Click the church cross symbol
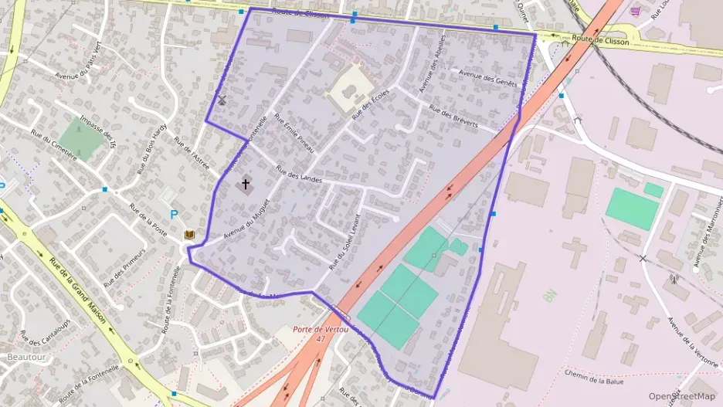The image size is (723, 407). click(x=246, y=185)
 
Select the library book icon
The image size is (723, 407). click(x=189, y=234)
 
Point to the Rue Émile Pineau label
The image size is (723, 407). click(x=295, y=134)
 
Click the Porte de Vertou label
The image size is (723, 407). click(x=321, y=330)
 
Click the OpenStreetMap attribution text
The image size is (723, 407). click(x=682, y=396)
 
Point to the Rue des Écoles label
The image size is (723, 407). click(x=371, y=103)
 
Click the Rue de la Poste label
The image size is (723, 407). click(x=148, y=221)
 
